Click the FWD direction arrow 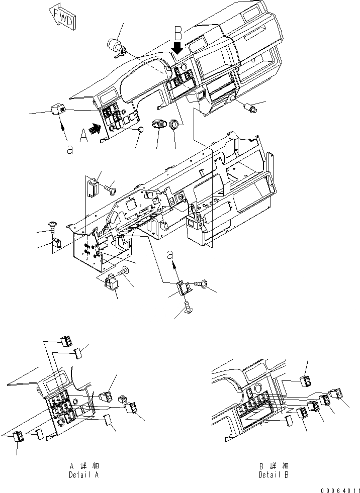[x=63, y=18]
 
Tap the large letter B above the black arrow [x=178, y=33]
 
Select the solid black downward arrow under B [x=178, y=48]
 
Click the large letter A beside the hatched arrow [x=84, y=136]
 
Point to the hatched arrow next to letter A [x=95, y=128]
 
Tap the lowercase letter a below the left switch [x=70, y=149]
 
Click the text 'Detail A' [x=84, y=475]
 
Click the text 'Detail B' [x=274, y=475]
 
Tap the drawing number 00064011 [x=340, y=490]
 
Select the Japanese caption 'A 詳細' [x=84, y=466]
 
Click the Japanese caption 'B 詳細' [x=274, y=466]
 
